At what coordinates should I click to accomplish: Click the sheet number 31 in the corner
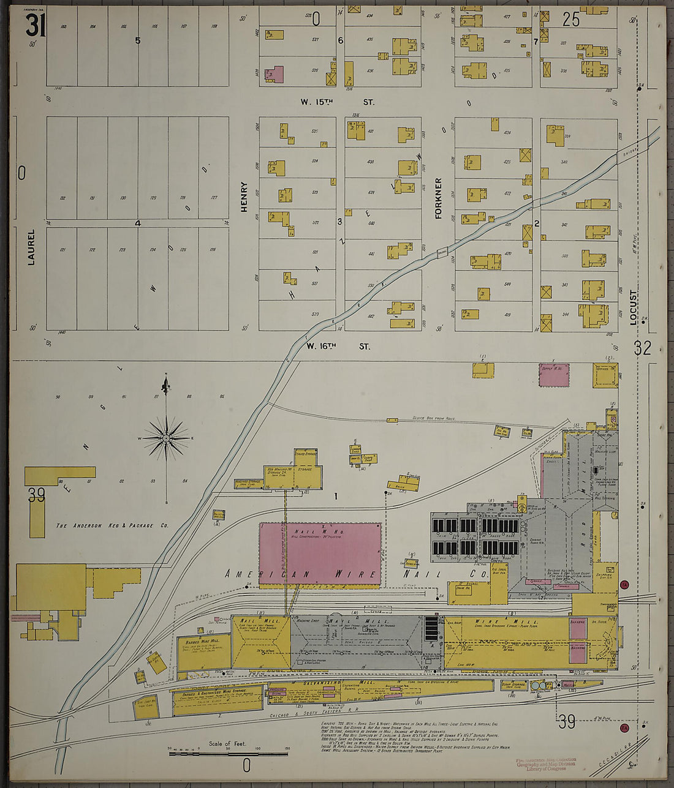coord(36,26)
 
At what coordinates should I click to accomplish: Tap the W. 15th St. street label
coord(336,102)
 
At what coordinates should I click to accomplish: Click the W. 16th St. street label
coord(338,347)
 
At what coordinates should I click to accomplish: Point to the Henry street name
coord(244,197)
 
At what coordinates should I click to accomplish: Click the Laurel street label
coord(31,247)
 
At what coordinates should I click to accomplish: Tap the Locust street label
coord(634,308)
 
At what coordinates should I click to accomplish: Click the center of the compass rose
coord(166,438)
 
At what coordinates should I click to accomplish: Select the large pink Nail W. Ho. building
coord(320,555)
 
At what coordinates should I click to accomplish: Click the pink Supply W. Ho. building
coord(555,375)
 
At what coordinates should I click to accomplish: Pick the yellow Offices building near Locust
coord(605,375)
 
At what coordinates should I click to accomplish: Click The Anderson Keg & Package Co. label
coord(112,525)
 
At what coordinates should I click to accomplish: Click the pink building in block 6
coord(274,75)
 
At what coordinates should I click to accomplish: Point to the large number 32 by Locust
coord(642,348)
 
